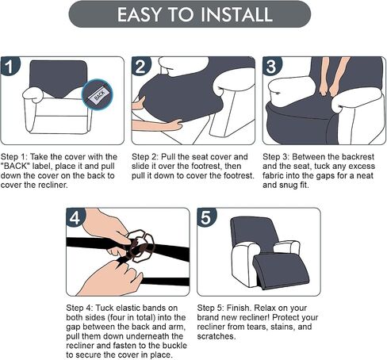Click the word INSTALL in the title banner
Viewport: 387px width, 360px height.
(x=237, y=14)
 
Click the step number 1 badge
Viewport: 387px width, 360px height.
(x=10, y=67)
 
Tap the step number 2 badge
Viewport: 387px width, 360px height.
(x=141, y=67)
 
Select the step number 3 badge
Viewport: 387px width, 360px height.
(x=272, y=67)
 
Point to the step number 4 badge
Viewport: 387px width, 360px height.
(x=75, y=217)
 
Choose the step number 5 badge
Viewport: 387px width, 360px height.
(x=206, y=217)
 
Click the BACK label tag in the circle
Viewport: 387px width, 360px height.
(x=98, y=94)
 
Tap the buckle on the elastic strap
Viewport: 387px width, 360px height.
(x=140, y=246)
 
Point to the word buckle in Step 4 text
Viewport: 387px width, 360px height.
(x=174, y=346)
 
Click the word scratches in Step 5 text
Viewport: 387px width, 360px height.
(x=216, y=336)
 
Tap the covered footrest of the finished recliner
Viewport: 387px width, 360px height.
(x=280, y=270)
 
